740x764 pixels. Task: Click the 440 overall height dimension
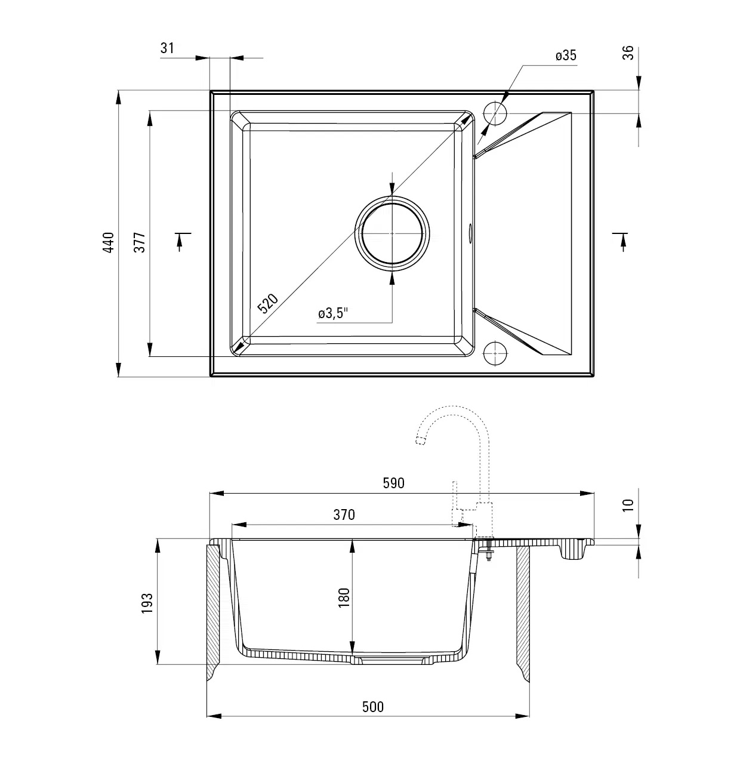[x=109, y=242]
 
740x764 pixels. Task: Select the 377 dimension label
[x=140, y=242]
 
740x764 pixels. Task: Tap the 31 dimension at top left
[x=167, y=48]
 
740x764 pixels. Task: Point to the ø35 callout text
[x=566, y=56]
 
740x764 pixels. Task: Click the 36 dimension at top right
[x=628, y=53]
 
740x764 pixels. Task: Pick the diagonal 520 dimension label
[x=268, y=303]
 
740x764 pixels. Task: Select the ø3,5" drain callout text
[x=333, y=313]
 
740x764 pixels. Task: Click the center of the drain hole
[x=392, y=233]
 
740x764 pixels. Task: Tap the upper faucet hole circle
[x=495, y=113]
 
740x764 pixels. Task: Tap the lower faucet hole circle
[x=495, y=353]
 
